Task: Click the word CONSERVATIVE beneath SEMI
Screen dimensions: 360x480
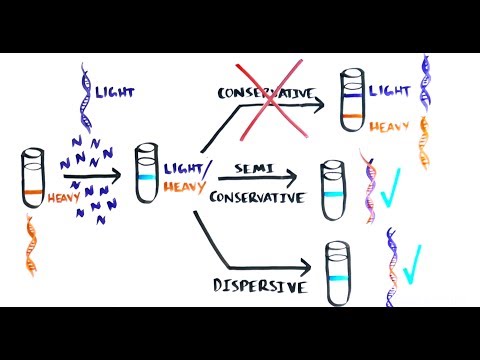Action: click(x=257, y=197)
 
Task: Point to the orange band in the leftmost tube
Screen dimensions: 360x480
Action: click(x=33, y=190)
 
